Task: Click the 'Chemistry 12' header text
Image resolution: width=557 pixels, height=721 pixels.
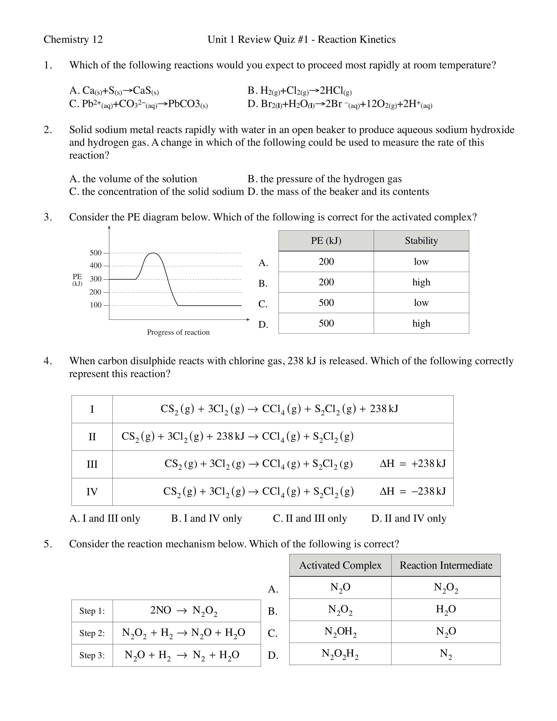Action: pos(73,40)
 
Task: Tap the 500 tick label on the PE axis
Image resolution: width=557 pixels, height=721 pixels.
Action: pos(95,253)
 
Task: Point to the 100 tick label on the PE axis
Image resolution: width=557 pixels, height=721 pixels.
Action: pos(95,305)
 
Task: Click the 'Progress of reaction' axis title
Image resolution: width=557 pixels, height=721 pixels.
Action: pos(178,332)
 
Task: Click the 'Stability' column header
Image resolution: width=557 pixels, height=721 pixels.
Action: pos(421,241)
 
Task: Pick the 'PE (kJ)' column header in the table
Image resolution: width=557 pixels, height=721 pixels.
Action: pos(326,241)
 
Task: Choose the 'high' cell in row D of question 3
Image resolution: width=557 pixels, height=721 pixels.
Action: pos(421,323)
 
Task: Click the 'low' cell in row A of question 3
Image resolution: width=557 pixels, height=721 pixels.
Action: pos(421,262)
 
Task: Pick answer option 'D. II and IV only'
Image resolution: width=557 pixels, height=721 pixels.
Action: pos(408,518)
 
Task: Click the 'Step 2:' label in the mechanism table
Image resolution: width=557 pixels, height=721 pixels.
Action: pos(92,633)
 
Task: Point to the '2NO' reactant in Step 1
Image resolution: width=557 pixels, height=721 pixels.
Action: pos(161,610)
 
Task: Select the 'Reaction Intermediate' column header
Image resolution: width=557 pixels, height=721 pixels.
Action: pos(446,565)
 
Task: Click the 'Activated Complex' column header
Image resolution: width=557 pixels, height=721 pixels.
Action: pos(340,565)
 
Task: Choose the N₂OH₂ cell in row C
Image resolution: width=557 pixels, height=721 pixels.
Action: pos(340,632)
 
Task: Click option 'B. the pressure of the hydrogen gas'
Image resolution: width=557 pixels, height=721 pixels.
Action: pos(325,179)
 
